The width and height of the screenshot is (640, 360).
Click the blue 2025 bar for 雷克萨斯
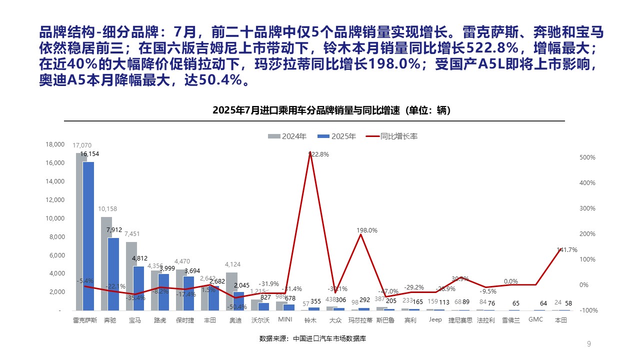click(88, 235)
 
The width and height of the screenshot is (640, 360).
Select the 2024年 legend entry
click(287, 136)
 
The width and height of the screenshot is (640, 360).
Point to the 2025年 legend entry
click(337, 136)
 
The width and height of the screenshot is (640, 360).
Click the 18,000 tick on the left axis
click(55, 144)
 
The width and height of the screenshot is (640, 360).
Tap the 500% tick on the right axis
click(587, 157)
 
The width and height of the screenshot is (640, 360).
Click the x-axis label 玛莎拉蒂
click(360, 320)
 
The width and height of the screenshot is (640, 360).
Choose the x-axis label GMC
click(535, 320)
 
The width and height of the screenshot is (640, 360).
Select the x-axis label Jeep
click(435, 320)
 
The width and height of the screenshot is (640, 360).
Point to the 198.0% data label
click(367, 230)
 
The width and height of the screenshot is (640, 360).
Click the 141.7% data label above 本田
click(567, 250)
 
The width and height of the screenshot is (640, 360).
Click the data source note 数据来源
click(312, 338)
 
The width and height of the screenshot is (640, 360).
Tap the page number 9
click(589, 343)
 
